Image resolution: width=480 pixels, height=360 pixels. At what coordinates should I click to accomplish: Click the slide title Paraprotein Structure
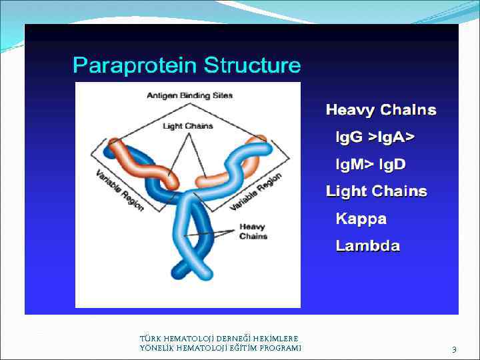coord(187,66)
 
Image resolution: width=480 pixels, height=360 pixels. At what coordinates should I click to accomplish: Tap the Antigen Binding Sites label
coord(190,95)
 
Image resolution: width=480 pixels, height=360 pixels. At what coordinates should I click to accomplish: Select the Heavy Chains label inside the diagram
coord(253,231)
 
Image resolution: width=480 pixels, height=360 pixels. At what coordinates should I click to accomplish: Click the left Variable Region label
coord(119,190)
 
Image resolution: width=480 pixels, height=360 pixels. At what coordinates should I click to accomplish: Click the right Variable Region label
coord(257,192)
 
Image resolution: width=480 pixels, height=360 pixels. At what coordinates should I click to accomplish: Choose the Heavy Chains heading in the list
coord(381,110)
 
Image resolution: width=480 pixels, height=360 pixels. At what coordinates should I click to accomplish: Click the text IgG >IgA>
coord(375,137)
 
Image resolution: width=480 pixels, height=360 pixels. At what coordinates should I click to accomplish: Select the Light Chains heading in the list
coord(376,191)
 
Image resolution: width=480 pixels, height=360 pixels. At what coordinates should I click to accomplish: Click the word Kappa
coord(361,219)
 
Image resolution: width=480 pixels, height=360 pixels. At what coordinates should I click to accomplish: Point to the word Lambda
coord(368,246)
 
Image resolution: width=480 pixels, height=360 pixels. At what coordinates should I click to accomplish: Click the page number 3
coord(454,349)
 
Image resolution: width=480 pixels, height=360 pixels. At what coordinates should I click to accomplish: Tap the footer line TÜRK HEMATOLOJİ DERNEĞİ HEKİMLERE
coord(219,339)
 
